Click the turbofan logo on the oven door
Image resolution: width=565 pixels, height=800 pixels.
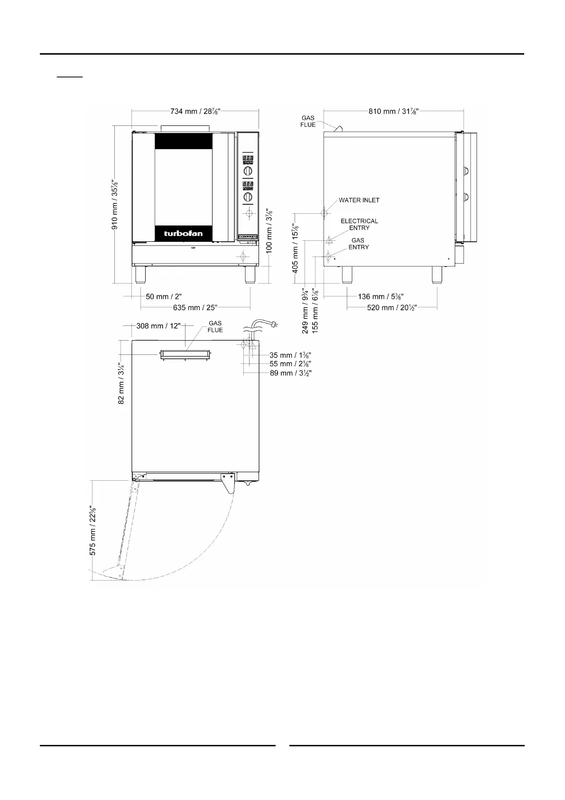pyautogui.click(x=183, y=234)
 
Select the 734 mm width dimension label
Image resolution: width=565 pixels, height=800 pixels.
pyautogui.click(x=195, y=112)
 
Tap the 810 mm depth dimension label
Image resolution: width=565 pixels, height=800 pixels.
pyautogui.click(x=393, y=112)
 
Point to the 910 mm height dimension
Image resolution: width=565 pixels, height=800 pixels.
pyautogui.click(x=115, y=205)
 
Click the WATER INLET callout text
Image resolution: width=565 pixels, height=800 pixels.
pyautogui.click(x=359, y=200)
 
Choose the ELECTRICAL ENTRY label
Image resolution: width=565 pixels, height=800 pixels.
pyautogui.click(x=359, y=225)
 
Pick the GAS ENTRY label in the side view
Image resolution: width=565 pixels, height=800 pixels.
pyautogui.click(x=359, y=244)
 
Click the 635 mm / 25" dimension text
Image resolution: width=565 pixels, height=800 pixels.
pyautogui.click(x=195, y=307)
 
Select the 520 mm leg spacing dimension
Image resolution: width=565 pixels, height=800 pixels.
pyautogui.click(x=392, y=307)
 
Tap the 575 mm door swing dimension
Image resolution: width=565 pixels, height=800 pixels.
pyautogui.click(x=93, y=530)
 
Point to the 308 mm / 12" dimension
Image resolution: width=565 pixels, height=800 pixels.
pyautogui.click(x=158, y=326)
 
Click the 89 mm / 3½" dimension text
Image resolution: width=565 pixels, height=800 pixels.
pyautogui.click(x=291, y=373)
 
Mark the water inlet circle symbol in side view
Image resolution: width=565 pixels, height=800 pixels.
pyautogui.click(x=324, y=214)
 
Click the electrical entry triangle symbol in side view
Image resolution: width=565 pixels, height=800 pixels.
pyautogui.click(x=329, y=239)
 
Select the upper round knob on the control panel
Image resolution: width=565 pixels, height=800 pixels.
pyautogui.click(x=248, y=171)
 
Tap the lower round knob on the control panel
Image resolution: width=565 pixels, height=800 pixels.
pyautogui.click(x=248, y=197)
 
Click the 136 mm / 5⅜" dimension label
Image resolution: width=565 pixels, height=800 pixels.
pyautogui.click(x=380, y=296)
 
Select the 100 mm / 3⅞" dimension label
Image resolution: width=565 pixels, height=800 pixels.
pyautogui.click(x=269, y=231)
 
